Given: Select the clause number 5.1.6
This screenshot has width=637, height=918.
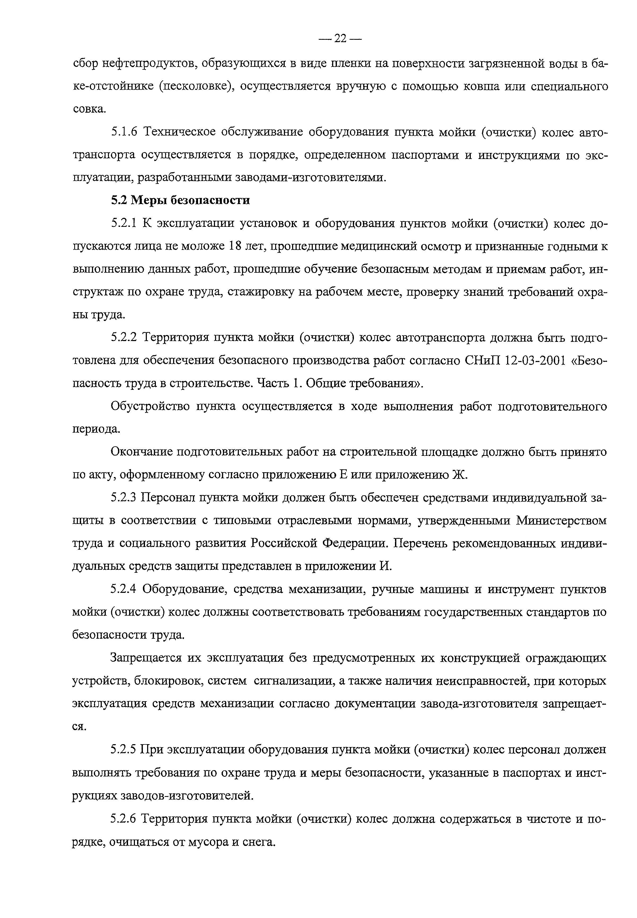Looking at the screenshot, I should pyautogui.click(x=124, y=132).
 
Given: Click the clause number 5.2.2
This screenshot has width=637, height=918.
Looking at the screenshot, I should pyautogui.click(x=124, y=338).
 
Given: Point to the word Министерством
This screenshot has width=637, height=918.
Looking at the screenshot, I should pyautogui.click(x=561, y=521).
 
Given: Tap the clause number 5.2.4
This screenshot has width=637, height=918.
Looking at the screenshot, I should pyautogui.click(x=124, y=589).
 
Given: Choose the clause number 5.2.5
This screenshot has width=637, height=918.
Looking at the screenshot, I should pyautogui.click(x=124, y=750).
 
